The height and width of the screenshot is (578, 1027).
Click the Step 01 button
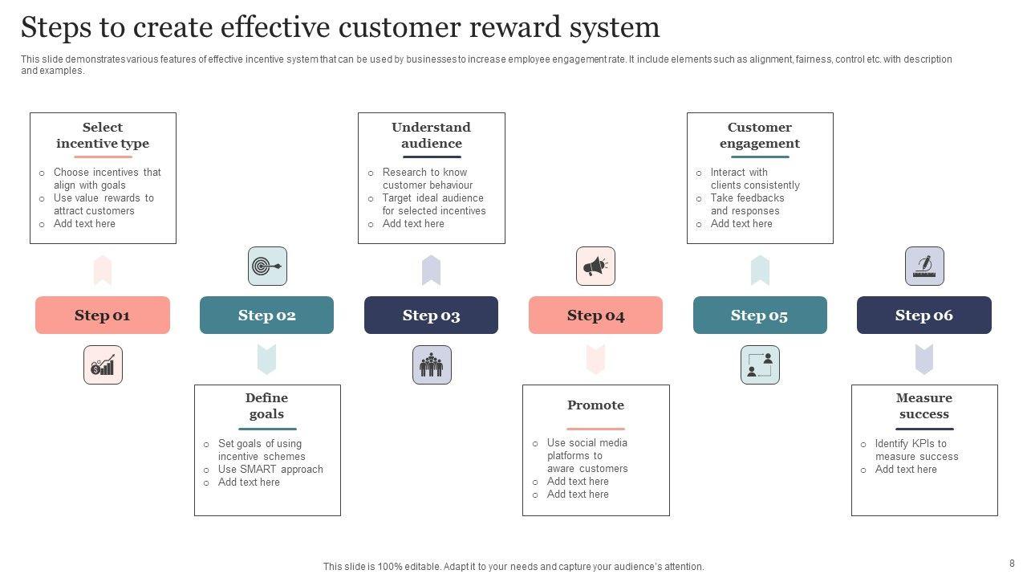(103, 315)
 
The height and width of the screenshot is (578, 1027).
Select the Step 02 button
(266, 315)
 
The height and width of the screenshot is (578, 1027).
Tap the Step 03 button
(431, 315)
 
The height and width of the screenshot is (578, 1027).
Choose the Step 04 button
(595, 315)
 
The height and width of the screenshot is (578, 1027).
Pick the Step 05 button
(760, 315)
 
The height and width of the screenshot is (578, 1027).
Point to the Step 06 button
(923, 315)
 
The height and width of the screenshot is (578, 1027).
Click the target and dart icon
(267, 267)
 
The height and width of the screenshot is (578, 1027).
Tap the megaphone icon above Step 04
(595, 267)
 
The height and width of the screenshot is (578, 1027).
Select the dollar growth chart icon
(103, 365)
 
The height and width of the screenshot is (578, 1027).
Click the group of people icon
(432, 365)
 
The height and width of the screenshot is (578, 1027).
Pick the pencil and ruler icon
(924, 267)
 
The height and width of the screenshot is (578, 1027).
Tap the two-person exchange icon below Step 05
(760, 365)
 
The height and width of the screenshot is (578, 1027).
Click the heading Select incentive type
(103, 136)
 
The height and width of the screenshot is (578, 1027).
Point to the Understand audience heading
(432, 136)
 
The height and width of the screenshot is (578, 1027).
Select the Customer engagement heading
(760, 136)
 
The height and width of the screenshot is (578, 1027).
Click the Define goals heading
(266, 406)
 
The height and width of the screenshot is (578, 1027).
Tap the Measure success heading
(924, 406)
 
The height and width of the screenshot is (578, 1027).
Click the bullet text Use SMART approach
(270, 470)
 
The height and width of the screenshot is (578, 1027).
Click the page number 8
(1012, 564)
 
